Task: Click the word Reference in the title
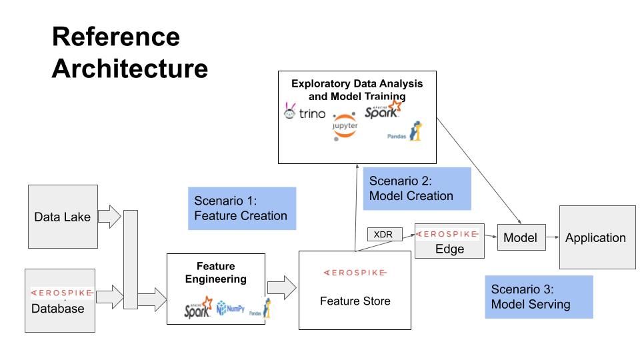pos(115,37)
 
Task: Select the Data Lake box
pos(63,217)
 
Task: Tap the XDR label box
pos(383,234)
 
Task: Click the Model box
pos(520,237)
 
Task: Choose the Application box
pos(596,237)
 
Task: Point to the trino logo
pos(305,113)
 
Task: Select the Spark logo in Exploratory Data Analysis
pos(384,109)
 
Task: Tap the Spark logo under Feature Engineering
pos(198,307)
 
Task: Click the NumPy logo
pos(231,308)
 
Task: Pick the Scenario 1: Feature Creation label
pos(241,208)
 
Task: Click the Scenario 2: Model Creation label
pos(417,189)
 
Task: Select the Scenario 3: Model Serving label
pos(538,297)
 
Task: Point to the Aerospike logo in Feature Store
pos(355,273)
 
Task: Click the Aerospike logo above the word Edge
pos(447,234)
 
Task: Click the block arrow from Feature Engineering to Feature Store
pos(282,287)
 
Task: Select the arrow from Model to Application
pos(551,237)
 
